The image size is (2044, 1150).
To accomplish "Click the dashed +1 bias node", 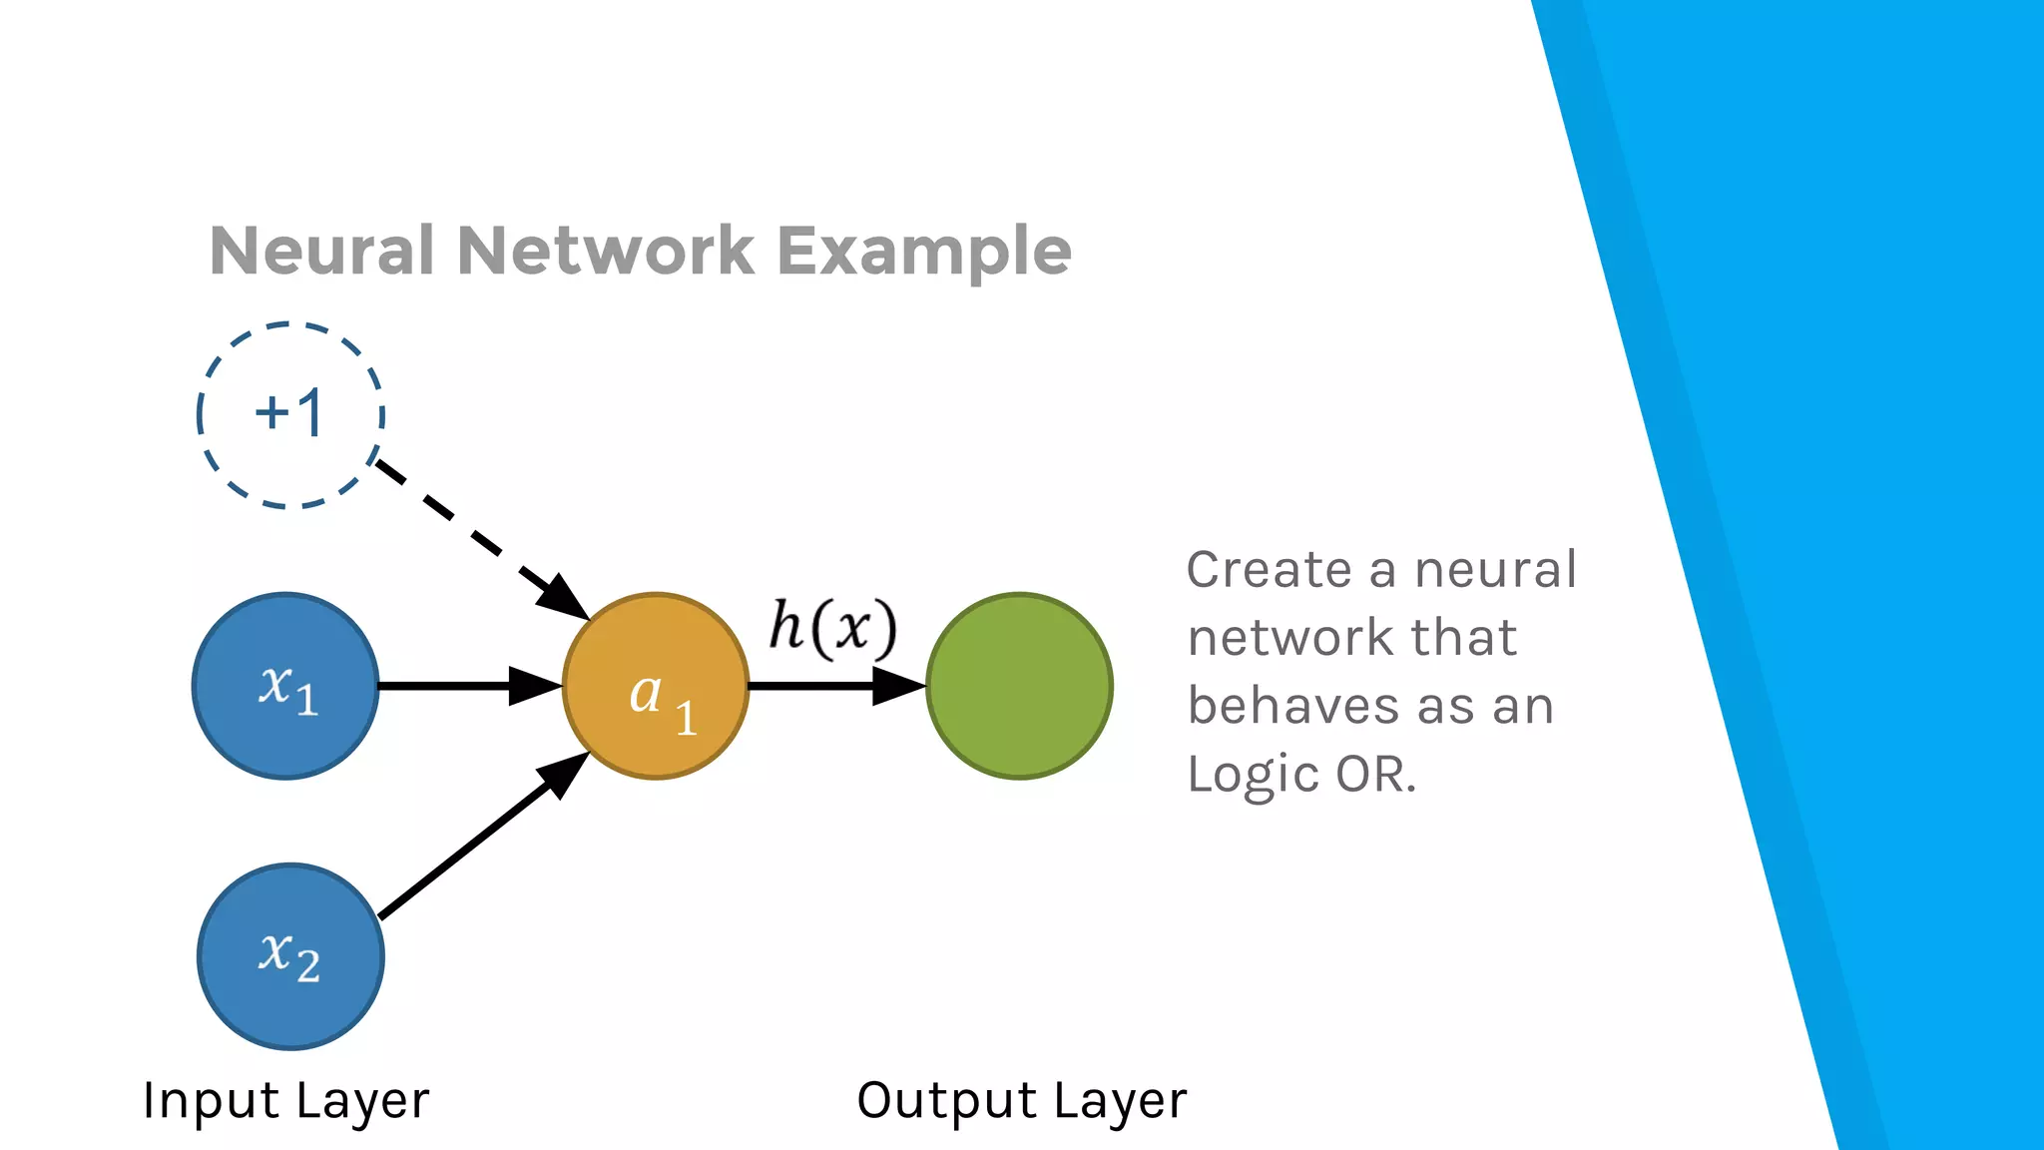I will [290, 414].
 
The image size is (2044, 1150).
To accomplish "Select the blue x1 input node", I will [285, 686].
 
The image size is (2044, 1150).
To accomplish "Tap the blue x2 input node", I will [290, 956].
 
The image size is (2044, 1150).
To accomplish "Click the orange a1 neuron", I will [656, 686].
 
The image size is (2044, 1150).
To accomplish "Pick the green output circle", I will [1019, 686].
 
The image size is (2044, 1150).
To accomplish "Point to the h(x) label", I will [832, 628].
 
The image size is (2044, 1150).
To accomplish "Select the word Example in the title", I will [923, 252].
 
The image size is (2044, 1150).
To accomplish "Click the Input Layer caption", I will [285, 1101].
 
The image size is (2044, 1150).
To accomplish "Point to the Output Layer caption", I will [1021, 1101].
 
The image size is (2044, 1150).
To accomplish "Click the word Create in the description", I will [1267, 570].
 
